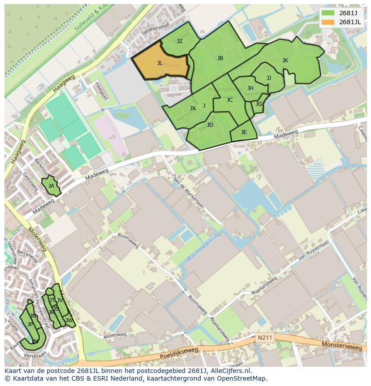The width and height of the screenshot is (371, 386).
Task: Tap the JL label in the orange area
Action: coord(160,63)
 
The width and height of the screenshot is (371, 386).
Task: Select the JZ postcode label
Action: coord(180,41)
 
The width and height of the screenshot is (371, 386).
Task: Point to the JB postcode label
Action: coord(220,58)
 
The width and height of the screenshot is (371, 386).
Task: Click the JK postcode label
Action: coord(285,61)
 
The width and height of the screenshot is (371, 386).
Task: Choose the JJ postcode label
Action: coord(269,78)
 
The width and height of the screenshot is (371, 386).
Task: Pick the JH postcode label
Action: coord(250,88)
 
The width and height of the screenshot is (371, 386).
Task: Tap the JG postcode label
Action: coord(259,104)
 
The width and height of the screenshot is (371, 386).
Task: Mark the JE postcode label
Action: coord(244,132)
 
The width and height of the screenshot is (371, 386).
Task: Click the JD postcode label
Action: coord(210,125)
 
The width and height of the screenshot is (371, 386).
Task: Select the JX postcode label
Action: coord(193,108)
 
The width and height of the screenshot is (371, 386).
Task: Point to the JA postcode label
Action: coord(51,186)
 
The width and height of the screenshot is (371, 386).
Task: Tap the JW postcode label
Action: coord(69,321)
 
